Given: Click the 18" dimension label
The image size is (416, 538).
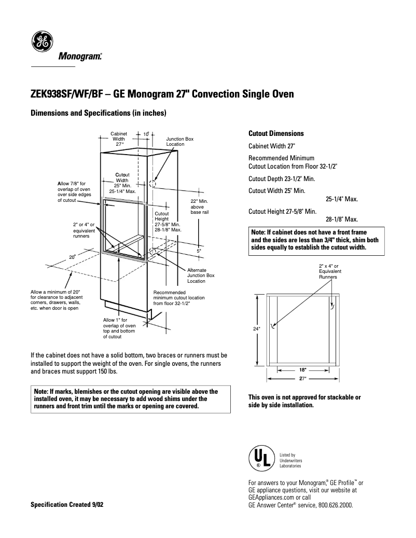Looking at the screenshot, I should [x=303, y=370].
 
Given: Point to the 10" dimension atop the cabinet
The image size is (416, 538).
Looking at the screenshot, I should [x=146, y=134].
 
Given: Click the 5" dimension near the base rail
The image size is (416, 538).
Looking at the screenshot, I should [x=199, y=251].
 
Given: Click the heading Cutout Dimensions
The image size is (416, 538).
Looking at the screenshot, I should [x=276, y=134].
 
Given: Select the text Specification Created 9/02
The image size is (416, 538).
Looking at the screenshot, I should [x=67, y=505].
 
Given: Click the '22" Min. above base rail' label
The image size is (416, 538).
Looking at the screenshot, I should [x=199, y=206].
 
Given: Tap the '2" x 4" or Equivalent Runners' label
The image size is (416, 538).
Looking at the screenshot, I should [x=328, y=271].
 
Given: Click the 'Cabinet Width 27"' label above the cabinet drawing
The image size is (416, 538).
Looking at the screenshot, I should [x=119, y=139].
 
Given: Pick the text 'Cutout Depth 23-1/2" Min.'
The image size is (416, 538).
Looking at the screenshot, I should [x=282, y=178].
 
